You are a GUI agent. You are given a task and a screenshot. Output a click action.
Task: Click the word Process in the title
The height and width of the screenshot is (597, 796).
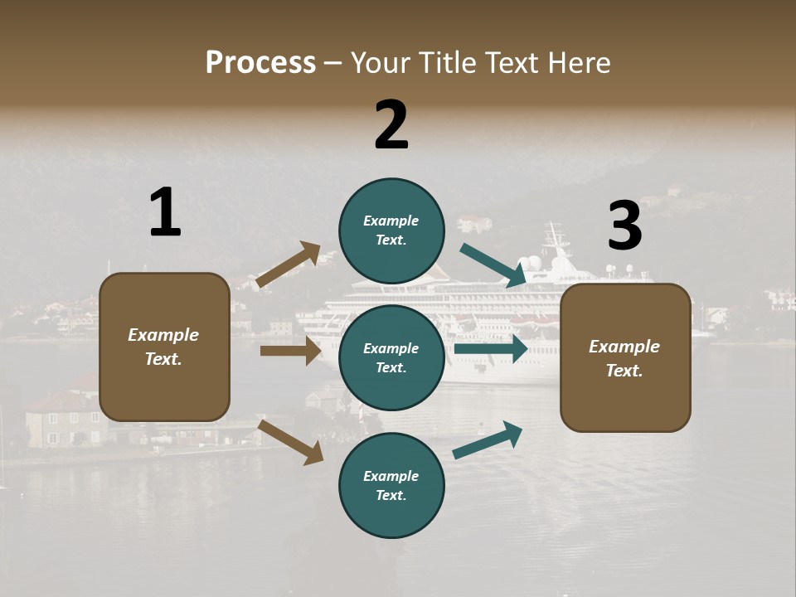coord(260,63)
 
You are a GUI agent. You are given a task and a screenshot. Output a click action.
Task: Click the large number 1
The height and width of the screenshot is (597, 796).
coord(165,212)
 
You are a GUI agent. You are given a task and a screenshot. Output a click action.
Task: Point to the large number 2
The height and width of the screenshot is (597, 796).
coord(391,124)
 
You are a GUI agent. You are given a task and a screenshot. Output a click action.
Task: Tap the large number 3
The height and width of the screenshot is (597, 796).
coord(624,226)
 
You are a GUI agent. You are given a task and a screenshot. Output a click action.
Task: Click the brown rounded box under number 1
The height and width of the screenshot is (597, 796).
coord(164,347)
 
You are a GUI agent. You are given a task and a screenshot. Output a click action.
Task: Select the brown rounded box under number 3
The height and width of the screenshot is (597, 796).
coord(625,358)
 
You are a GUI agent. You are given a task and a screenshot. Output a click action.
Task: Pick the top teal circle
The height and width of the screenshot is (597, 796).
coord(391,231)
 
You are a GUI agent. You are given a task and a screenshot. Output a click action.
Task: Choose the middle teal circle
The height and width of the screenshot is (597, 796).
coord(391,357)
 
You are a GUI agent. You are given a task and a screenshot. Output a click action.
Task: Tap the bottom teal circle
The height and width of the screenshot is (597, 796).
coord(391,485)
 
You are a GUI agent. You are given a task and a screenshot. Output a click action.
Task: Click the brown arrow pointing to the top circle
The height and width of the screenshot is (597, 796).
coord(288,265)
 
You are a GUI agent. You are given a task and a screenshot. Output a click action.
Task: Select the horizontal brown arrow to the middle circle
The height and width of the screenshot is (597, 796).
coord(290,351)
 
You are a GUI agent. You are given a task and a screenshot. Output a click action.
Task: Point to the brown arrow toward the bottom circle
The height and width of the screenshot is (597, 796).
coord(290,441)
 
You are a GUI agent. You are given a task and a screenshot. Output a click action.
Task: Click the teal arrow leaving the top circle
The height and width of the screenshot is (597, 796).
coord(493,265)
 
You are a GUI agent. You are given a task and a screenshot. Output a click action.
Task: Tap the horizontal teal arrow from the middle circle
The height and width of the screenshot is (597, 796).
coord(490,349)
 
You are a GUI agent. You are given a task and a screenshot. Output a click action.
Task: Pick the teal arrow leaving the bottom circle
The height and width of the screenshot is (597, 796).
coord(488,439)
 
